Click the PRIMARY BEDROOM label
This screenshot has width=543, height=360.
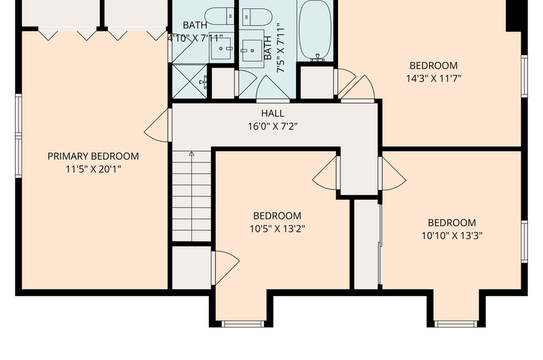(93, 156)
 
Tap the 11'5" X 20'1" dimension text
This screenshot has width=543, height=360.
(93, 169)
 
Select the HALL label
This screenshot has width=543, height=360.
(273, 113)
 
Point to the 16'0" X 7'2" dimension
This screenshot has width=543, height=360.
(273, 126)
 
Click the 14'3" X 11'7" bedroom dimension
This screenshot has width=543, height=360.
(434, 78)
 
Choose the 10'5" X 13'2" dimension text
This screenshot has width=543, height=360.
(277, 229)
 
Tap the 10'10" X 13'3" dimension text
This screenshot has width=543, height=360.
(451, 236)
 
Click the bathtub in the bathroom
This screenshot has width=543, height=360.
(315, 31)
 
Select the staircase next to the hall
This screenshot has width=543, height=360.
(191, 196)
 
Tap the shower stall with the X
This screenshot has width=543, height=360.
(190, 82)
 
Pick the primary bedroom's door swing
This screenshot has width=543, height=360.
(157, 125)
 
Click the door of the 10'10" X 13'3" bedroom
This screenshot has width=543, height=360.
(392, 174)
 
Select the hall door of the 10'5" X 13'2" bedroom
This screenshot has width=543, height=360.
(326, 173)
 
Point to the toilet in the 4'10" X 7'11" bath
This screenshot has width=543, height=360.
(219, 16)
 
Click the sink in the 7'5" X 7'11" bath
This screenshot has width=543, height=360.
(252, 49)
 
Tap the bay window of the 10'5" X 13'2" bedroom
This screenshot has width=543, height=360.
(243, 324)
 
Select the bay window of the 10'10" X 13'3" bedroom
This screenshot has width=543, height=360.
(455, 324)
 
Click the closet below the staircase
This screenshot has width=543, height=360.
(191, 268)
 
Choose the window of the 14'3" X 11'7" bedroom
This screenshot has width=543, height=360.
(524, 76)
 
